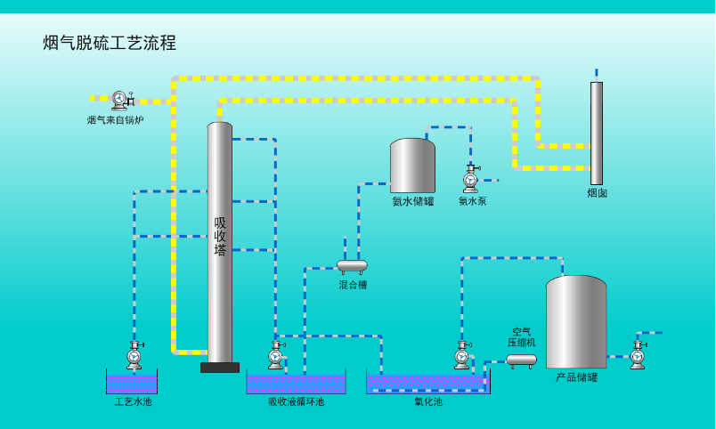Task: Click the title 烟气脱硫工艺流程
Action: pos(110,43)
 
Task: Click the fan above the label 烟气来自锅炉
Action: pos(121,99)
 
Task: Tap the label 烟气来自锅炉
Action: pos(115,120)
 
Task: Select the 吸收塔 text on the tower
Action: pos(220,236)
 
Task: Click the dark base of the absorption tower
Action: pos(220,367)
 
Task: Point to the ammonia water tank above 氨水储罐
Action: pos(412,166)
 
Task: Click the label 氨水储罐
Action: pos(412,202)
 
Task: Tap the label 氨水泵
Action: pos(472,202)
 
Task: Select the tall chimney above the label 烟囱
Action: pos(597,133)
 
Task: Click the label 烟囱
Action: pos(597,193)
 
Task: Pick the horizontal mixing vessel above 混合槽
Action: pos(352,265)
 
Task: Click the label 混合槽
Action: pos(352,285)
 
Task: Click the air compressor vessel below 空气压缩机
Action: pos(522,360)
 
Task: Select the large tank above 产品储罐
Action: pos(576,322)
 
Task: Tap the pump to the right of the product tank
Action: pos(638,355)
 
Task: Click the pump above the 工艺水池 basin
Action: pos(134,355)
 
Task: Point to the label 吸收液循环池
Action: pos(296,401)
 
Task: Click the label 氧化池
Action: pos(427,401)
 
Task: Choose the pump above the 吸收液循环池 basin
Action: pos(276,355)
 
